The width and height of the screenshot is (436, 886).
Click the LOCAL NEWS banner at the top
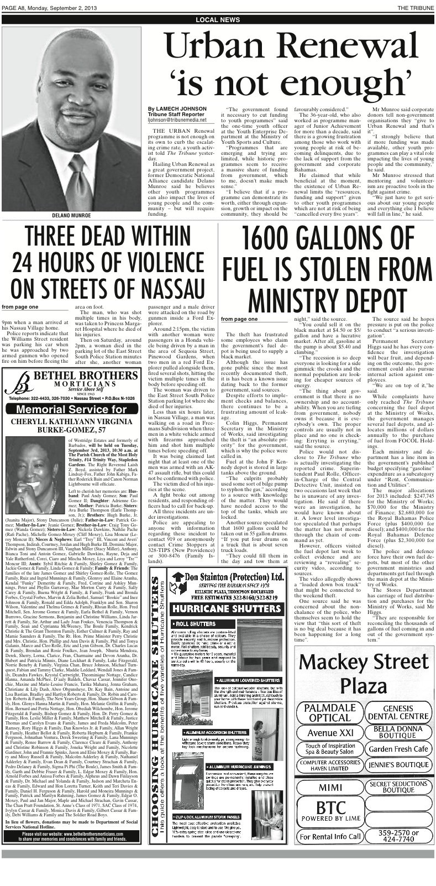(218, 19)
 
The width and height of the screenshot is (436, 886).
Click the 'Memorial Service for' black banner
(72, 409)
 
